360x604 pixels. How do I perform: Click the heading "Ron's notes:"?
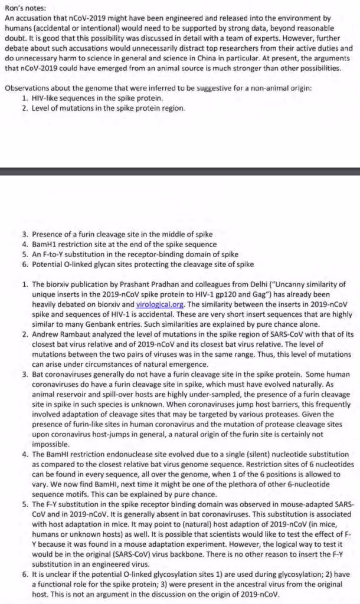tap(25, 8)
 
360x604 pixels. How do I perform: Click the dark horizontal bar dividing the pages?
tap(180, 171)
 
